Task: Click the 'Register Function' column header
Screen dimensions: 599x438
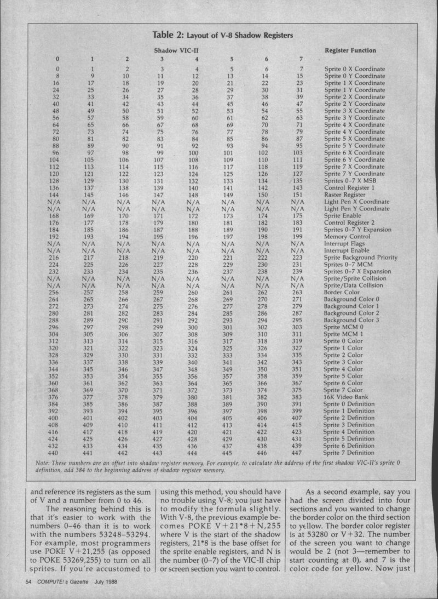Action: tap(350, 50)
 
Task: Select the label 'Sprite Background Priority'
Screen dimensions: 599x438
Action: tap(361, 258)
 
